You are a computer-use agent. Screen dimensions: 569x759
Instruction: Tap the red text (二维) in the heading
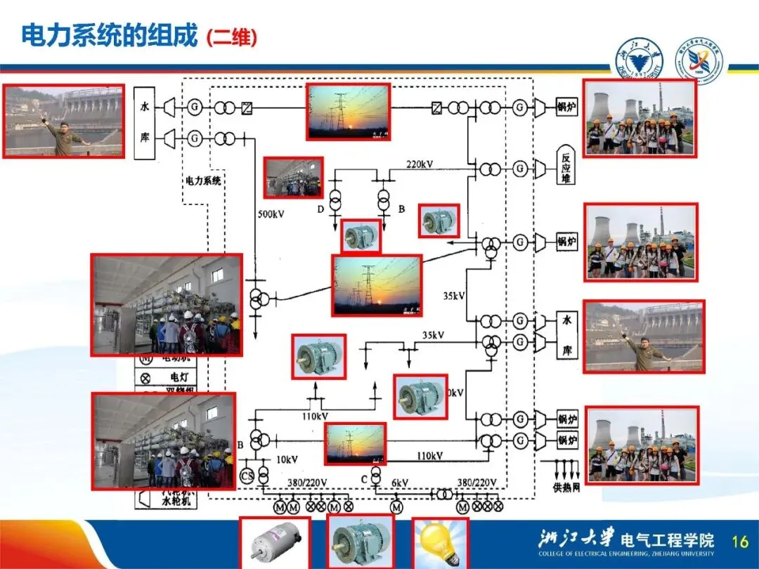click(x=232, y=37)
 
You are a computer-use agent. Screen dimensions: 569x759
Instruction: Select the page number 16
click(x=740, y=541)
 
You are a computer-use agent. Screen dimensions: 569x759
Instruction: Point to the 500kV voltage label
click(x=271, y=214)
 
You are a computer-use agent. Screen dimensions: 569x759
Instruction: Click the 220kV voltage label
click(x=420, y=164)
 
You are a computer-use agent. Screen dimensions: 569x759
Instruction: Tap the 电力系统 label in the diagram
click(x=203, y=181)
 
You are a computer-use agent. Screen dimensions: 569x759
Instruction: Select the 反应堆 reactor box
click(x=566, y=166)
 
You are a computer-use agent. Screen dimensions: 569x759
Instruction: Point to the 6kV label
click(x=400, y=483)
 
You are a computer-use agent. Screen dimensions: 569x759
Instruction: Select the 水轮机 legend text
click(x=176, y=502)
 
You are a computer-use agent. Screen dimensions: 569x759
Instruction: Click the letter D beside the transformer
click(x=320, y=209)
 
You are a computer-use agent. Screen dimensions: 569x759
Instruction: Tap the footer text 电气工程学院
click(x=668, y=539)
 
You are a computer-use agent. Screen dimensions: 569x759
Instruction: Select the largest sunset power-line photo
click(x=377, y=285)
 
